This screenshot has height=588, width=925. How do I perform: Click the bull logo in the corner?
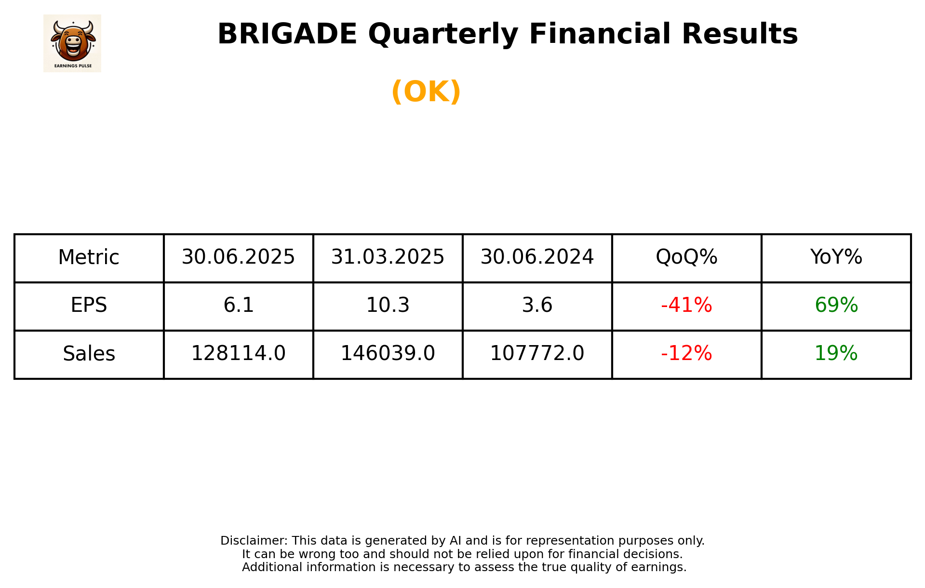[72, 43]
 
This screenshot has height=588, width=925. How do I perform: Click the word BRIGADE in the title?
[287, 34]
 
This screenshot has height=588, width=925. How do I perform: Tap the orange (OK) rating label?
[426, 92]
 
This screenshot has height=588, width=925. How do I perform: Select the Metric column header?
[89, 257]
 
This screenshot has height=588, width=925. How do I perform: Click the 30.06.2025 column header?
[238, 257]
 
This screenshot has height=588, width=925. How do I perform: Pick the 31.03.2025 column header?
[388, 257]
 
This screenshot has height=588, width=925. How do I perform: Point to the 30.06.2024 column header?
[537, 257]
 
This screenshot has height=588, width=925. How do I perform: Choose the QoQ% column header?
[686, 257]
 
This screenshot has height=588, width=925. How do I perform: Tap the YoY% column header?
[836, 257]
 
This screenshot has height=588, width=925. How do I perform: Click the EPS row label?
[89, 306]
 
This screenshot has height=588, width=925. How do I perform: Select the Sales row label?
[89, 354]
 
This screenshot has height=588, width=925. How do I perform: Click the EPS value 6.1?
[238, 306]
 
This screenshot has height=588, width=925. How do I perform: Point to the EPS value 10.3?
[388, 306]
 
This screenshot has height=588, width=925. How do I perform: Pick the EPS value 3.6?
[537, 306]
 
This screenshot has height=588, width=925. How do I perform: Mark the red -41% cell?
[686, 306]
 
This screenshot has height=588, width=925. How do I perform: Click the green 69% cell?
[836, 306]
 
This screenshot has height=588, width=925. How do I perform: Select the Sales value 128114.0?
[238, 354]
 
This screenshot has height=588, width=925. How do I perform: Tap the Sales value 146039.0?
[388, 354]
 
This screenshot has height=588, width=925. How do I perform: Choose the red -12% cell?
[686, 354]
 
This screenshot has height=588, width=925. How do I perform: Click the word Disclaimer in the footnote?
[254, 541]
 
